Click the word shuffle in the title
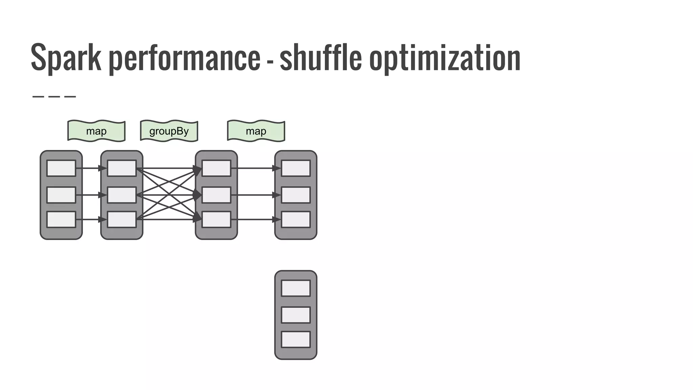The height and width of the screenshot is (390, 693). click(x=320, y=58)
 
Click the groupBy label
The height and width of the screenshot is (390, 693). click(x=169, y=131)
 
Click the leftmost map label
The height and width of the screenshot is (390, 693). click(x=96, y=131)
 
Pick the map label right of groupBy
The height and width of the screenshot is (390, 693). click(x=256, y=131)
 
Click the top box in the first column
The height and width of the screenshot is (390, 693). click(x=61, y=168)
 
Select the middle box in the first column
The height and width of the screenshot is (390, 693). click(x=61, y=195)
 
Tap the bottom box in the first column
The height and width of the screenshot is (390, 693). click(x=61, y=220)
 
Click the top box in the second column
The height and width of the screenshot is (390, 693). click(x=122, y=168)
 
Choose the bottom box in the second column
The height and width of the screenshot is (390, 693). click(x=122, y=220)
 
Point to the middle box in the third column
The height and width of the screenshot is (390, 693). click(x=217, y=195)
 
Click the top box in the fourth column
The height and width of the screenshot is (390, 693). click(x=296, y=168)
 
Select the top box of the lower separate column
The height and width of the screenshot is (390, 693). click(x=296, y=288)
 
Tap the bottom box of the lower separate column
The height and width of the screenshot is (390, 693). click(x=296, y=340)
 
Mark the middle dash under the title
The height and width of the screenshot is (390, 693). click(x=54, y=96)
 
